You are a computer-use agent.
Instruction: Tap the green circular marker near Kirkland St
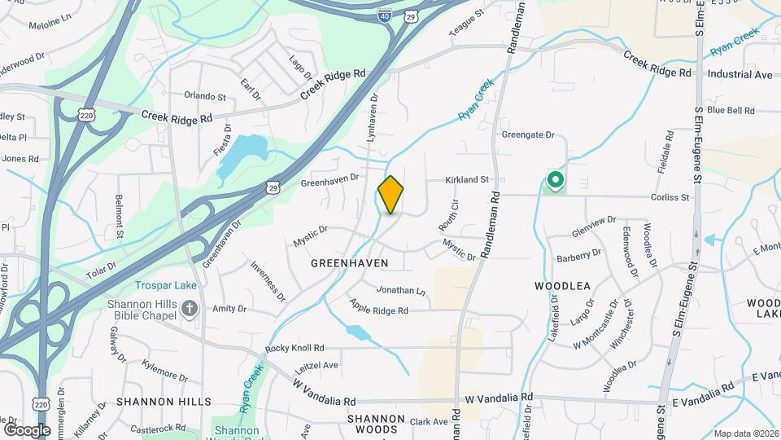pos(556,179)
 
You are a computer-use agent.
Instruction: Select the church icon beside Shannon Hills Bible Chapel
pos(190,308)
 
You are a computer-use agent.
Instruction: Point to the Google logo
pos(27,429)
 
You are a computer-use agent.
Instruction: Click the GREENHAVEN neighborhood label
pos(349,263)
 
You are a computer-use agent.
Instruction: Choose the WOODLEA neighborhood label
pos(561,286)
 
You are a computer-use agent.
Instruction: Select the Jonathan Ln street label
pos(399,290)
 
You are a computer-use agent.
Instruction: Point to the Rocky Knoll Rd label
pos(295,348)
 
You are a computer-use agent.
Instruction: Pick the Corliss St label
pos(670,197)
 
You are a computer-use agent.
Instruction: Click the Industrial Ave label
pos(740,74)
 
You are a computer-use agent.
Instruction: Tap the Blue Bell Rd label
pos(731,110)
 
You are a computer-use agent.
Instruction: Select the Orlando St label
pos(204,96)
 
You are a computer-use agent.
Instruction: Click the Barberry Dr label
pos(578,257)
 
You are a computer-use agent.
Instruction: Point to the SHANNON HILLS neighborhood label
pos(164,402)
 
